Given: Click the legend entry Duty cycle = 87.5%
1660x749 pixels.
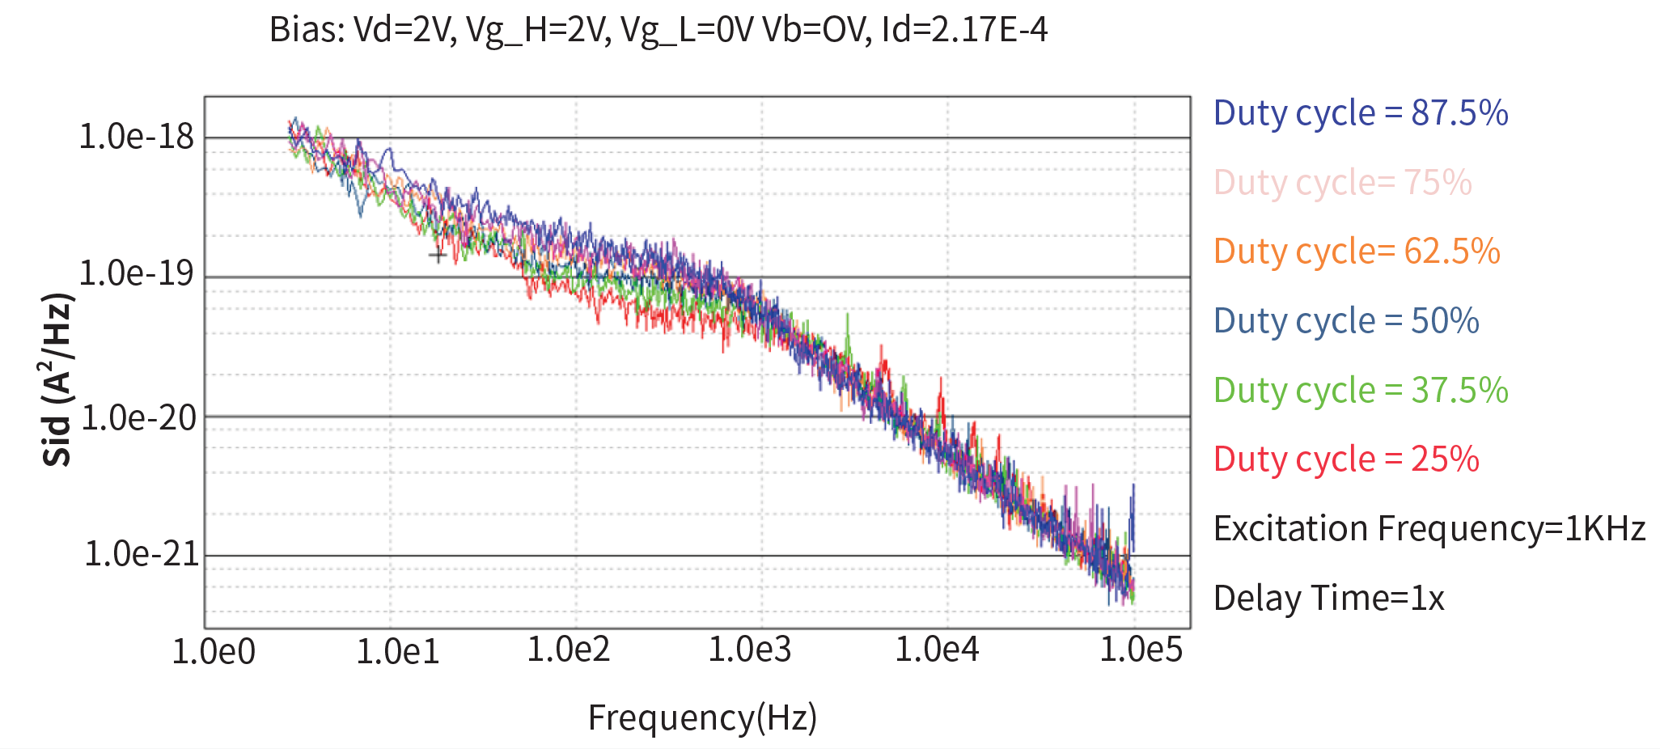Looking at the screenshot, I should coord(1361,113).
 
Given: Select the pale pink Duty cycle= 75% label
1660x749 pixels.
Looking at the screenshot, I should coord(1342,183).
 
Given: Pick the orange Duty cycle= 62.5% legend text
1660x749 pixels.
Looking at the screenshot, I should coord(1357,252).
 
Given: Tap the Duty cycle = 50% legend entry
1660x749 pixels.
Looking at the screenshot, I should coord(1346,321).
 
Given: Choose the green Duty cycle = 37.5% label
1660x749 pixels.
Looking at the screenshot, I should coord(1361,391).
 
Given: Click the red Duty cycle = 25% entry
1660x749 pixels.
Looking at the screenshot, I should coord(1346,459).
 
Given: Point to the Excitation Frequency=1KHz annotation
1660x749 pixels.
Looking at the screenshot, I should coord(1429,529).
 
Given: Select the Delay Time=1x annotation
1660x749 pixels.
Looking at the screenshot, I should coord(1328,599).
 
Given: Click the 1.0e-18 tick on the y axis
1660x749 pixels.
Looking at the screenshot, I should coord(137,137).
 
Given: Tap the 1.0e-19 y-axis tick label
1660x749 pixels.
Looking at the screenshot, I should coord(137,274).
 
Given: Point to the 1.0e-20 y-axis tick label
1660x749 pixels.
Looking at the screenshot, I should coord(138,418).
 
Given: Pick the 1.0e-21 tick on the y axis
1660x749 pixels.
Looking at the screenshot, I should coord(142,554).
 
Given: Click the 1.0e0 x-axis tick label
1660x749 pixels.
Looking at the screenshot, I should coord(214,651).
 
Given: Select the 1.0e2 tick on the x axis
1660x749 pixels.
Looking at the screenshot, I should coord(568,650).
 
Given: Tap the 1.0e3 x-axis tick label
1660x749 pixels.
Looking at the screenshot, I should coord(750,650).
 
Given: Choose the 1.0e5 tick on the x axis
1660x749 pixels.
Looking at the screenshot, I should coord(1141,650).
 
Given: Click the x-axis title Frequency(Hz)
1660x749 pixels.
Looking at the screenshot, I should coord(702,717).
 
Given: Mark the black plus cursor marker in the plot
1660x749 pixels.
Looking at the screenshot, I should coord(438,256).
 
